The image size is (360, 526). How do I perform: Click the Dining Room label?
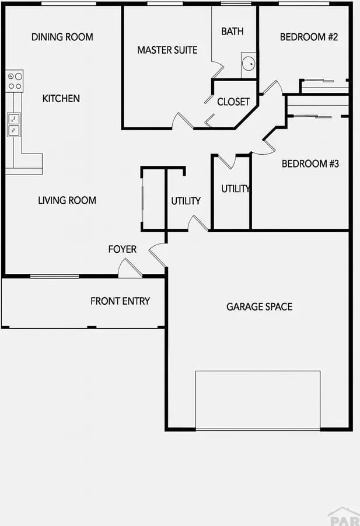[62, 37]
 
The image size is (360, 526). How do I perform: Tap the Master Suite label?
[167, 50]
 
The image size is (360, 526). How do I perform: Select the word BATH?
[232, 31]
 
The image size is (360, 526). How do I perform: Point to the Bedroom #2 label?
[309, 37]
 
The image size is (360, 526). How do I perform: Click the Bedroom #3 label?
[310, 163]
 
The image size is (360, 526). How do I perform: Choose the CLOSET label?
[233, 102]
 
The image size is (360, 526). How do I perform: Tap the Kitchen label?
[61, 98]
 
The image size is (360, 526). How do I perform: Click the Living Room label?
[67, 200]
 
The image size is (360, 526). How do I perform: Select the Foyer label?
[123, 249]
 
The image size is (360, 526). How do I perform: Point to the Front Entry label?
[120, 301]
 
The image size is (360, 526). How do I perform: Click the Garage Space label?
[260, 306]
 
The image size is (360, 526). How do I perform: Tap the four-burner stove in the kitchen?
[15, 81]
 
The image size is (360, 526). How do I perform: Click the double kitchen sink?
[14, 125]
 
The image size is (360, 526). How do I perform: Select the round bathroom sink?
[249, 64]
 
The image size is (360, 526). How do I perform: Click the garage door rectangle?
[258, 400]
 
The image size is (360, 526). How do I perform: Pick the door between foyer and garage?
[158, 255]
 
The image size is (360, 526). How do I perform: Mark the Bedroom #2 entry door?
[272, 87]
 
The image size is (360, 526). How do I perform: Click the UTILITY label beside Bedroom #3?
[236, 189]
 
